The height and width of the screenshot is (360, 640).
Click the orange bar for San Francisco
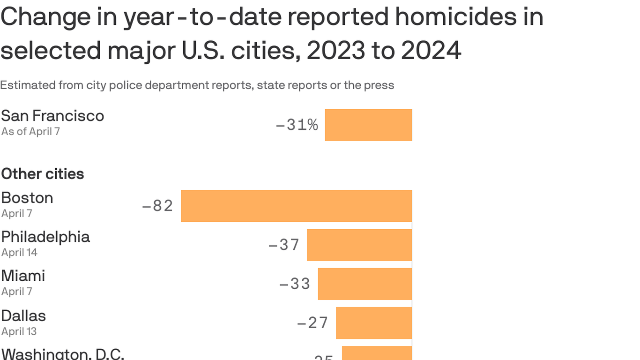click(x=368, y=125)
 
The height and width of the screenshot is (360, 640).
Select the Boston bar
click(x=296, y=206)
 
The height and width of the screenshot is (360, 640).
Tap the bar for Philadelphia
click(x=359, y=245)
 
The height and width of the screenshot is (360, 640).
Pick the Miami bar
click(x=365, y=284)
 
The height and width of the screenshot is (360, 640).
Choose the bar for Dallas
click(x=374, y=322)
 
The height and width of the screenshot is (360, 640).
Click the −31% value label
click(x=297, y=125)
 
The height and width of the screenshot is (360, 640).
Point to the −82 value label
click(x=158, y=206)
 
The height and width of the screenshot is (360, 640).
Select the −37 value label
click(x=284, y=245)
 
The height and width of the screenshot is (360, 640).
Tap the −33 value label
click(x=295, y=284)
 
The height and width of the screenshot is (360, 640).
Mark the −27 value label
click(x=313, y=322)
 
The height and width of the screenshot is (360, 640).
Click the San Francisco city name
click(x=52, y=116)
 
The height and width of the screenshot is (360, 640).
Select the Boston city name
click(x=27, y=198)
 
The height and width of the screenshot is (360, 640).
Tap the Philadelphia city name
click(x=45, y=237)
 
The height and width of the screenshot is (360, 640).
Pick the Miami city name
click(x=23, y=276)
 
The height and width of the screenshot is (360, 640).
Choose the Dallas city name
click(x=23, y=315)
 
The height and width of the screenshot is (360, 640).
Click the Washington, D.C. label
click(x=63, y=353)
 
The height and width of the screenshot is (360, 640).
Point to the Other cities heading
click(x=43, y=174)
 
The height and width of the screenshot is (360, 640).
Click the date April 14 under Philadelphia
click(x=19, y=253)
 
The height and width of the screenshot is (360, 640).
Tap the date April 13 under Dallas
click(x=19, y=331)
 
